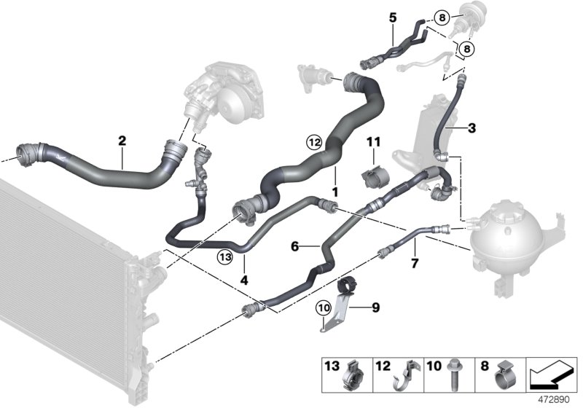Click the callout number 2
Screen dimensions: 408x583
pos(122,139)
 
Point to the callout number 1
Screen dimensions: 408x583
pos(335,190)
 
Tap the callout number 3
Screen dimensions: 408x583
pos(472,129)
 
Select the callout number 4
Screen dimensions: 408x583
pos(244,279)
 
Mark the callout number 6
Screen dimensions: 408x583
pos(296,247)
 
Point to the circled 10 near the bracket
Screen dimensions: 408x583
pos(322,308)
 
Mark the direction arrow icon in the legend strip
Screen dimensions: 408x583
pos(550,376)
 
